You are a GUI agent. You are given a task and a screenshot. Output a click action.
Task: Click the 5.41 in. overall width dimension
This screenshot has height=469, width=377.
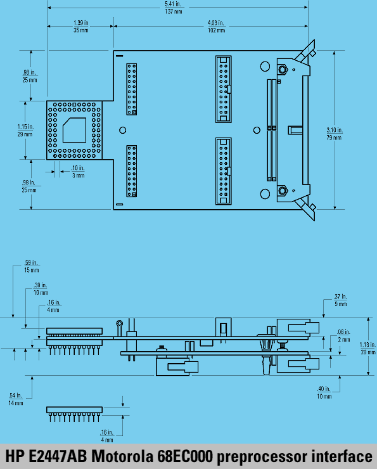click(174, 8)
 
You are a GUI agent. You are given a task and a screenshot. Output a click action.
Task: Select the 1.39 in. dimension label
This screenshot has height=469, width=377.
click(80, 27)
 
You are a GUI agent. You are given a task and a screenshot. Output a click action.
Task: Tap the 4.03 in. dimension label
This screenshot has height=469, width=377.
click(217, 27)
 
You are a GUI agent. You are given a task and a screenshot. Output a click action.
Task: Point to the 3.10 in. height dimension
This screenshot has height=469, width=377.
click(335, 134)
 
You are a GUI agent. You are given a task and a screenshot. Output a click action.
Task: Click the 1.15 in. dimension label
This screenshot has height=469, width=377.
click(25, 131)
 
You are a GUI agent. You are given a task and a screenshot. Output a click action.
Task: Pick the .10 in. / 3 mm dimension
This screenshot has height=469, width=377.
click(78, 172)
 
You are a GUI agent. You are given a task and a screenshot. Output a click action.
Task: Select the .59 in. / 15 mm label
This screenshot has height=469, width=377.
click(32, 266)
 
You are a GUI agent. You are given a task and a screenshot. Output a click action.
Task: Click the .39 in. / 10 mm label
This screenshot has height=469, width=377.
click(41, 288)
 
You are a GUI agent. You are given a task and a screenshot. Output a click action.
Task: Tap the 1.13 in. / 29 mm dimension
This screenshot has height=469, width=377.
click(367, 348)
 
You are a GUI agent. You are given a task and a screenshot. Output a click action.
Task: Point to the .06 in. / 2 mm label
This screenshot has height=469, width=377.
click(343, 336)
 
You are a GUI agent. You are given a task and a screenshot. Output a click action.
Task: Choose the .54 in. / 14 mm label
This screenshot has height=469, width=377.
click(16, 399)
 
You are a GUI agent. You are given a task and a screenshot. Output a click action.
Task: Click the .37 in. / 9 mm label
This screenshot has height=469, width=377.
click(340, 300)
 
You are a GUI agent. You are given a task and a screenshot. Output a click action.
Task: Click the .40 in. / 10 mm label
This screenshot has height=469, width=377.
click(324, 392)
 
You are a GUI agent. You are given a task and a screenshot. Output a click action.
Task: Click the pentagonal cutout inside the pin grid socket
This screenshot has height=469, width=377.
click(74, 130)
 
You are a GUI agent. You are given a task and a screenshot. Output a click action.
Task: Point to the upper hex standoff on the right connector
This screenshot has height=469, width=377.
click(282, 70)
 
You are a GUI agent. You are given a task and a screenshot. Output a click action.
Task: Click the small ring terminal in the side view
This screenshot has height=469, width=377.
click(120, 323)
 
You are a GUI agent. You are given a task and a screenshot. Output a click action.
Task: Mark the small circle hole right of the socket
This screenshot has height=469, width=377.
click(122, 130)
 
